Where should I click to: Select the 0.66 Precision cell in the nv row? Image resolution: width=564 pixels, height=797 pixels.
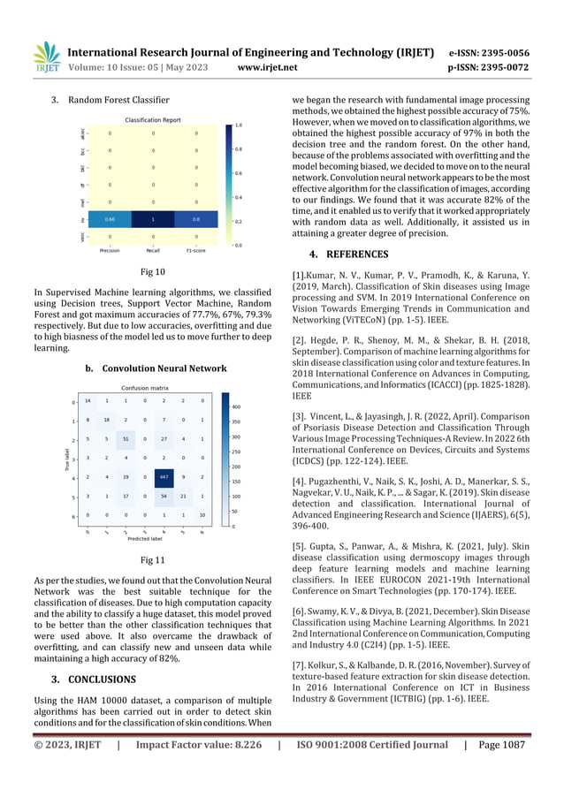pyautogui.click(x=109, y=218)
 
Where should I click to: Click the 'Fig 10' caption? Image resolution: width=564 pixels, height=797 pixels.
pyautogui.click(x=153, y=273)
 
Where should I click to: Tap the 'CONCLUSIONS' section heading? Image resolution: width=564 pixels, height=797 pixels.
pyautogui.click(x=98, y=679)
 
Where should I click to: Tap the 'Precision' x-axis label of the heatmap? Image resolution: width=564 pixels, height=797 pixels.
pyautogui.click(x=109, y=250)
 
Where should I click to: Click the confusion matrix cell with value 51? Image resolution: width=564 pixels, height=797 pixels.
pyautogui.click(x=126, y=439)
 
